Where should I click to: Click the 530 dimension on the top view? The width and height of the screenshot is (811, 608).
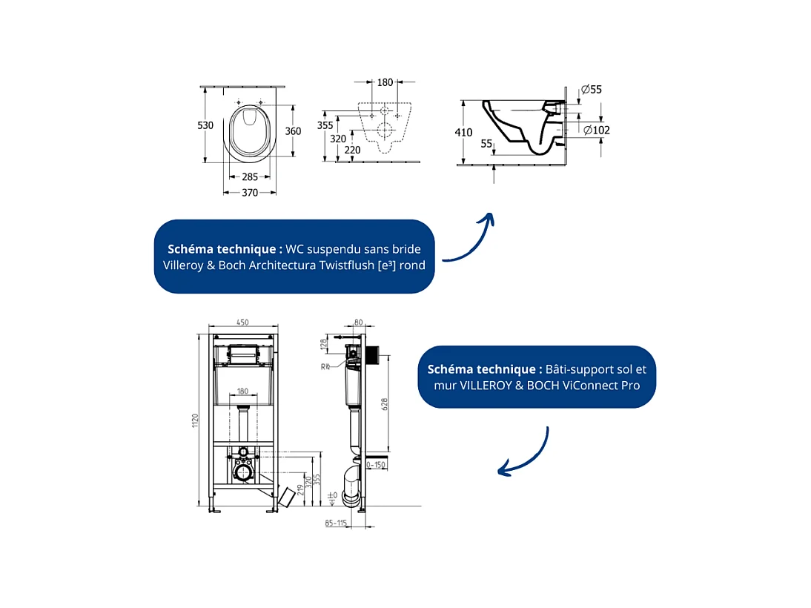coord(205,125)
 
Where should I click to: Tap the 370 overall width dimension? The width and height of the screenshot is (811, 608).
coord(250,193)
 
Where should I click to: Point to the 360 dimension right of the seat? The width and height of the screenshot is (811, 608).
coord(294,131)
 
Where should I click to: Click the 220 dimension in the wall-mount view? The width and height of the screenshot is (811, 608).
coord(353,150)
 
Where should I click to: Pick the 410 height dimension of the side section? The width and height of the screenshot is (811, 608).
coord(464,133)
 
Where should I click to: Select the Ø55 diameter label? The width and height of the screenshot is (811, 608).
coord(592,90)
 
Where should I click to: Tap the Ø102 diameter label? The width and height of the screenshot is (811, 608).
coord(597,130)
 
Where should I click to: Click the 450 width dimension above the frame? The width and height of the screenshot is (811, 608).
coord(242,323)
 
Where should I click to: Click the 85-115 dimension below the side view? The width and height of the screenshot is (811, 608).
coord(336,523)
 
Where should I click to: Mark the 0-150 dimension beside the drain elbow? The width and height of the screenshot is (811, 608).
coord(377,466)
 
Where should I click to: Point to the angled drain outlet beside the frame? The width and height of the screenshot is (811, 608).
coord(288,498)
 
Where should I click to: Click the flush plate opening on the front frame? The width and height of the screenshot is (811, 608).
coord(242,354)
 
